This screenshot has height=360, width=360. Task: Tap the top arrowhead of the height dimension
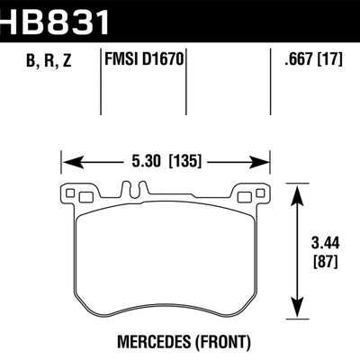click(x=299, y=187)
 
